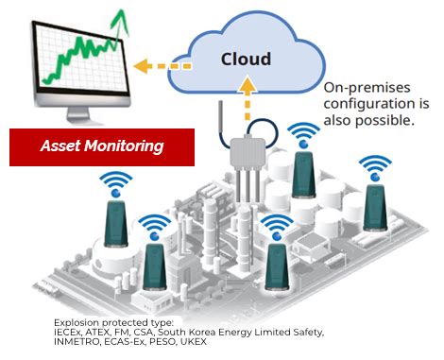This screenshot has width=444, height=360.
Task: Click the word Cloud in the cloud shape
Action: pyautogui.click(x=246, y=60)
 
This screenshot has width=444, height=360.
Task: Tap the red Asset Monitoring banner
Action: pyautogui.click(x=101, y=146)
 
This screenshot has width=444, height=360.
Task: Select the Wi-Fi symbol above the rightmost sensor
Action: pyautogui.click(x=375, y=167)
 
